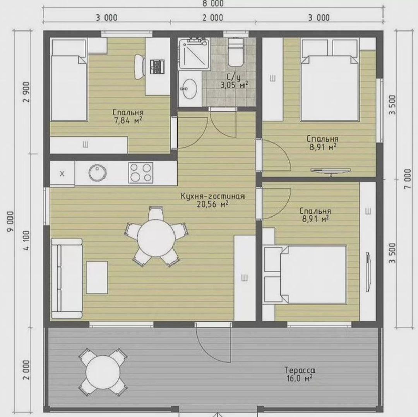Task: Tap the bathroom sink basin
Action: click(x=189, y=89)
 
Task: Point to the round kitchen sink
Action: click(x=96, y=173)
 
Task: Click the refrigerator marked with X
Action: click(x=62, y=173)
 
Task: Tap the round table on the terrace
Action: click(x=103, y=371)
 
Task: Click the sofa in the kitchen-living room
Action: click(x=67, y=278)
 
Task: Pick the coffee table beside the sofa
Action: click(x=97, y=277)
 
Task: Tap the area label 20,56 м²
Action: click(x=212, y=205)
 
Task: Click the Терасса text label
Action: click(x=299, y=370)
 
